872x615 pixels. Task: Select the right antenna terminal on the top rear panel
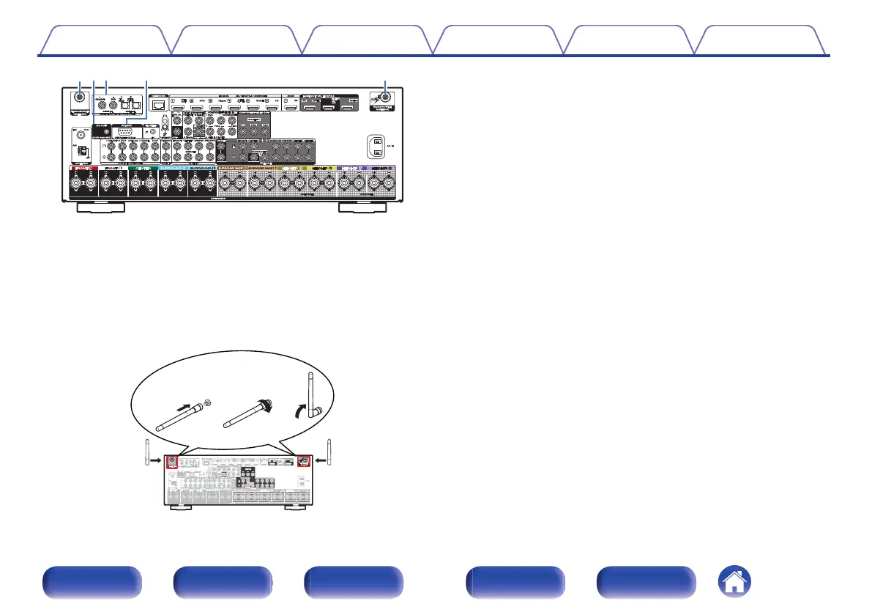[386, 96]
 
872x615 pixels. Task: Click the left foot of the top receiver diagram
[101, 207]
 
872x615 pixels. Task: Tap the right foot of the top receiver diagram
[362, 207]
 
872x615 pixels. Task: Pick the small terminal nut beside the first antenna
[209, 402]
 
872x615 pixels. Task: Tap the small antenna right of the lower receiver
[329, 454]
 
